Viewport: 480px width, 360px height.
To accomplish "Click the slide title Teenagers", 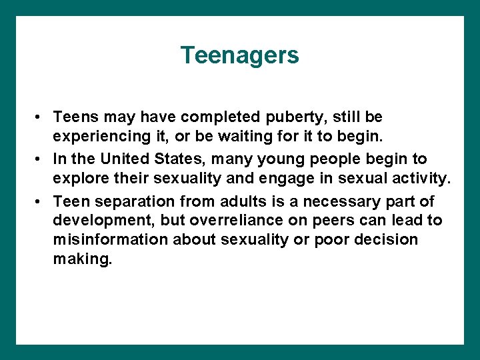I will click(x=239, y=55).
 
